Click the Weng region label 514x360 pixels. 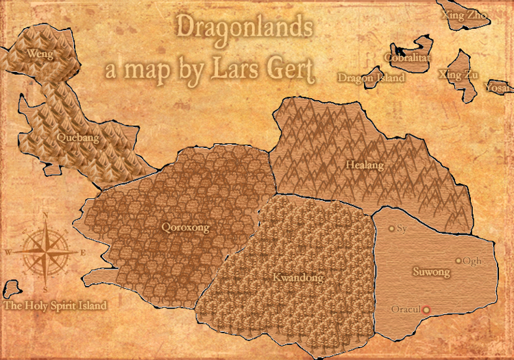pyautogui.click(x=40, y=53)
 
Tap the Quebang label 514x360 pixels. pyautogui.click(x=77, y=138)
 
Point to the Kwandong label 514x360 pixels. pyautogui.click(x=297, y=278)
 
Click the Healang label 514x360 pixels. pyautogui.click(x=365, y=165)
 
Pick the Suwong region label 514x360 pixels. pyautogui.click(x=431, y=273)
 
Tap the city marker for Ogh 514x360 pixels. pyautogui.click(x=458, y=261)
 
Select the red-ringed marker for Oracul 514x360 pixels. pyautogui.click(x=426, y=310)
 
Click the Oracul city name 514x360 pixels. pyautogui.click(x=404, y=310)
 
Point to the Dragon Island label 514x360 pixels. pyautogui.click(x=371, y=78)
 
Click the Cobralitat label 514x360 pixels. pyautogui.click(x=406, y=59)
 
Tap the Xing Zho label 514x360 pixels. pyautogui.click(x=465, y=14)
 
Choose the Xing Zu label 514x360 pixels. pyautogui.click(x=459, y=75)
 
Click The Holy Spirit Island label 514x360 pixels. pyautogui.click(x=55, y=306)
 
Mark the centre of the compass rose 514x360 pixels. pyautogui.click(x=45, y=252)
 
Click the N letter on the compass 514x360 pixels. pyautogui.click(x=45, y=215)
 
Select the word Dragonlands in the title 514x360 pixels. pyautogui.click(x=245, y=27)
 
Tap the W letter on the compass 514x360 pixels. pyautogui.click(x=8, y=252)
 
